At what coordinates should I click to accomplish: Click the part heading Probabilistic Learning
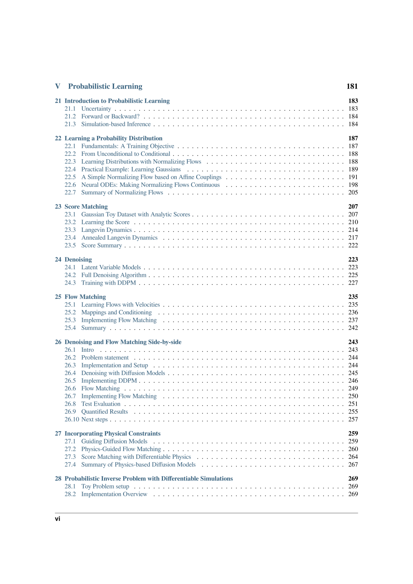click(x=105, y=87)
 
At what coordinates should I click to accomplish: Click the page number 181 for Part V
click(x=352, y=87)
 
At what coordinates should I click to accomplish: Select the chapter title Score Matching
click(x=86, y=207)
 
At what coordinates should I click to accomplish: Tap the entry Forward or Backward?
click(x=110, y=116)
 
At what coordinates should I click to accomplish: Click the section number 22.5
click(x=70, y=177)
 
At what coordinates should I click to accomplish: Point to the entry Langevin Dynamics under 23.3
click(x=106, y=230)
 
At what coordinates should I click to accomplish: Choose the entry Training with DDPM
click(x=109, y=283)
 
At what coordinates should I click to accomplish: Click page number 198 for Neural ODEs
click(x=353, y=185)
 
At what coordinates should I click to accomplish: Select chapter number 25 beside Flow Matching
click(x=58, y=297)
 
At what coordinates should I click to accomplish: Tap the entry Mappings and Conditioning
click(x=116, y=312)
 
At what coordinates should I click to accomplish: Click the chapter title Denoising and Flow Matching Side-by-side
click(x=123, y=342)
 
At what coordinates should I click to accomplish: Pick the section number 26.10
click(x=72, y=419)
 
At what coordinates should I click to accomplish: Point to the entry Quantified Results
click(x=104, y=412)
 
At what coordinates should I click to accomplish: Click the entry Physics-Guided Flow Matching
click(x=121, y=449)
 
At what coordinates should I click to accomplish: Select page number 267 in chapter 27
click(x=353, y=465)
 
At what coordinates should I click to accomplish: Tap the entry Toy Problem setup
click(x=105, y=487)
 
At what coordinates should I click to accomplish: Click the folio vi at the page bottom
click(x=57, y=519)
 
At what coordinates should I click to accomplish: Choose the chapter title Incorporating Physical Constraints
click(x=112, y=434)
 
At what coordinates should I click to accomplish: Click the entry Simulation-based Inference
click(x=116, y=124)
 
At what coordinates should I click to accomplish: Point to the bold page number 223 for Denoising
click(x=353, y=260)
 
